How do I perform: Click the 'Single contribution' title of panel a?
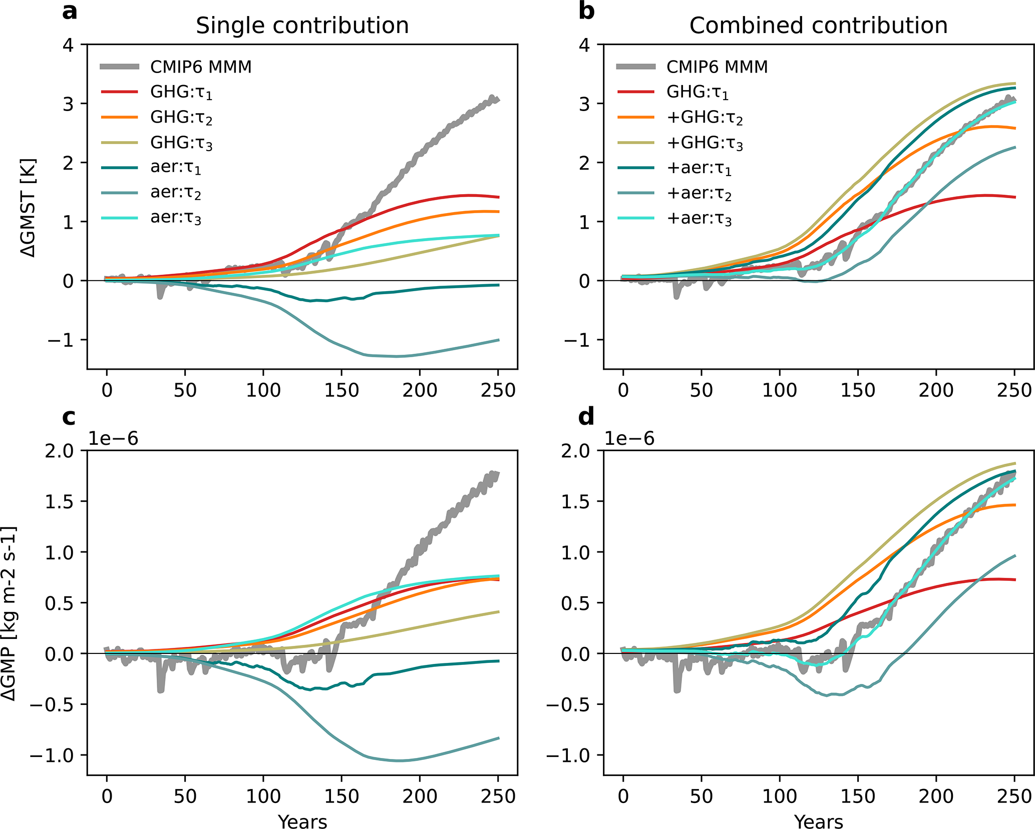pyautogui.click(x=302, y=26)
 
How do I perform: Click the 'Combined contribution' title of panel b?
pyautogui.click(x=818, y=26)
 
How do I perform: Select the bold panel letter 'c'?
pyautogui.click(x=69, y=417)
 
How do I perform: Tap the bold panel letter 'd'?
pyautogui.click(x=586, y=417)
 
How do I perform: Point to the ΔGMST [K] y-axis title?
pyautogui.click(x=29, y=208)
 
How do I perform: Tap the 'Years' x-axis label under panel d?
pyautogui.click(x=819, y=821)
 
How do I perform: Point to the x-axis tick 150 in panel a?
pyautogui.click(x=341, y=391)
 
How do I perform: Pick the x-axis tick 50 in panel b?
pyautogui.click(x=701, y=391)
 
